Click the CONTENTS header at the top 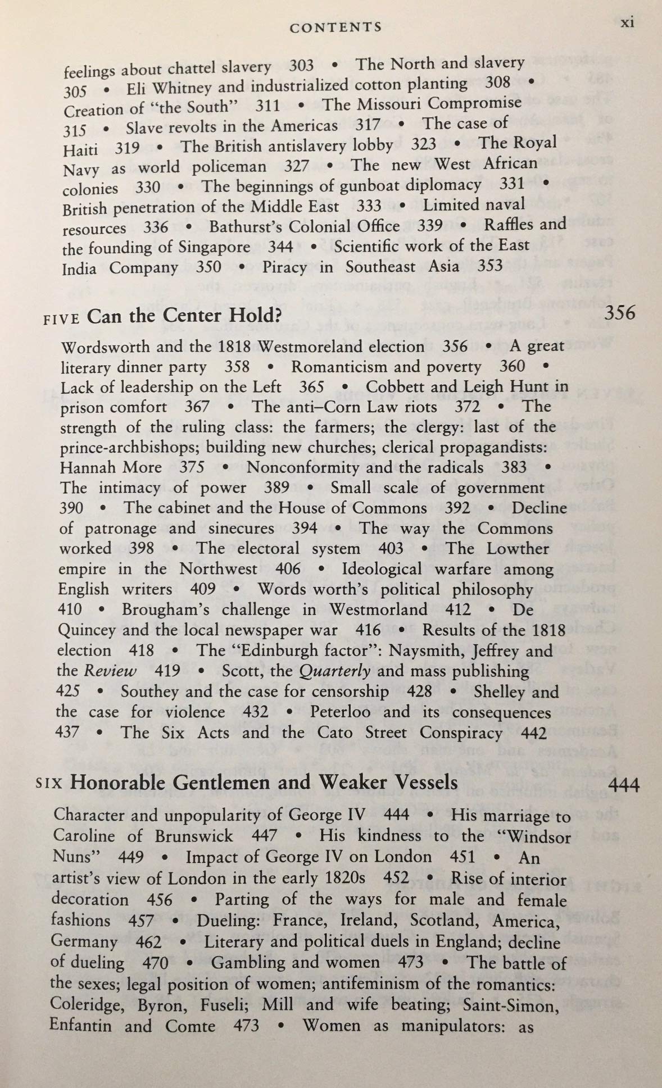[x=335, y=27]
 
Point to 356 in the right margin [x=620, y=313]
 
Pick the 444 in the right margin [x=624, y=785]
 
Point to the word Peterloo [x=340, y=712]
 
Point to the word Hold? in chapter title [x=254, y=316]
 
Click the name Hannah [x=87, y=467]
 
